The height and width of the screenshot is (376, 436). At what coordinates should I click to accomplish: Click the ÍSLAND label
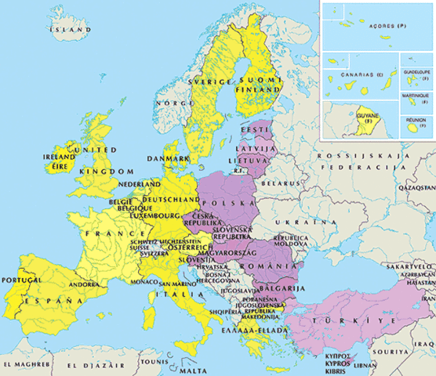pyautogui.click(x=64, y=29)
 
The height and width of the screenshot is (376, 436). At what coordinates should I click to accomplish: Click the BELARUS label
pyautogui.click(x=280, y=182)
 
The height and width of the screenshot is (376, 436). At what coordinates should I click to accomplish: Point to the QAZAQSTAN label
pyautogui.click(x=416, y=189)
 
